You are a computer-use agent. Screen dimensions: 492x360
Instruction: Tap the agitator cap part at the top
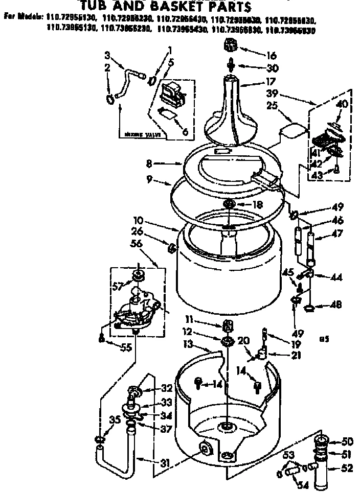[x=231, y=47]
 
